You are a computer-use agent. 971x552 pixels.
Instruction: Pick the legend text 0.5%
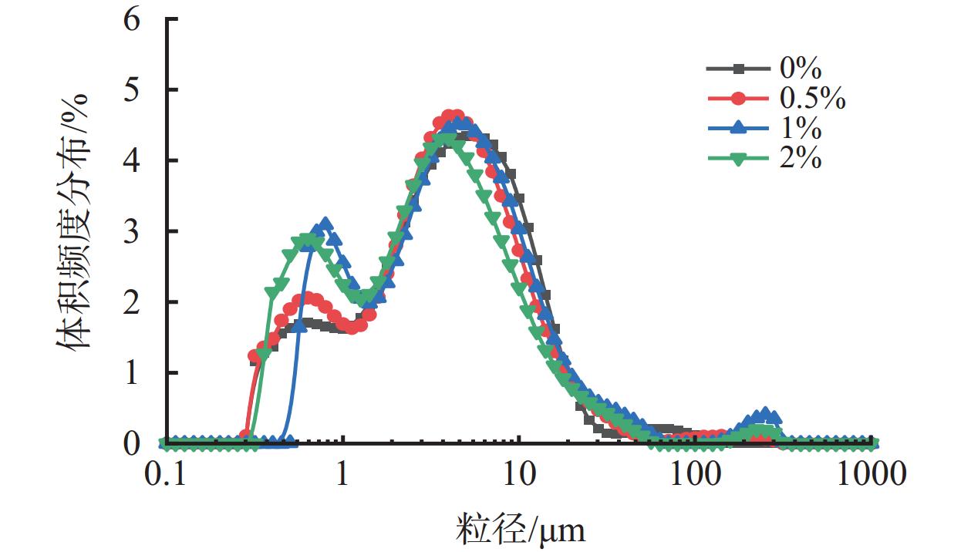[x=813, y=99]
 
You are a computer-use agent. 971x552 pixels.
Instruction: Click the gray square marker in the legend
[x=739, y=69]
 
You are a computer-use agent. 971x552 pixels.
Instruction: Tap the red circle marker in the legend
[x=739, y=99]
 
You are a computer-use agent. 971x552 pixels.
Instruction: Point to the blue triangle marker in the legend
[x=739, y=129]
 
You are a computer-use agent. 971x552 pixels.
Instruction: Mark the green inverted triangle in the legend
[x=739, y=159]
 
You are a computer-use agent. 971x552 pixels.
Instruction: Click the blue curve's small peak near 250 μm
[x=764, y=414]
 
